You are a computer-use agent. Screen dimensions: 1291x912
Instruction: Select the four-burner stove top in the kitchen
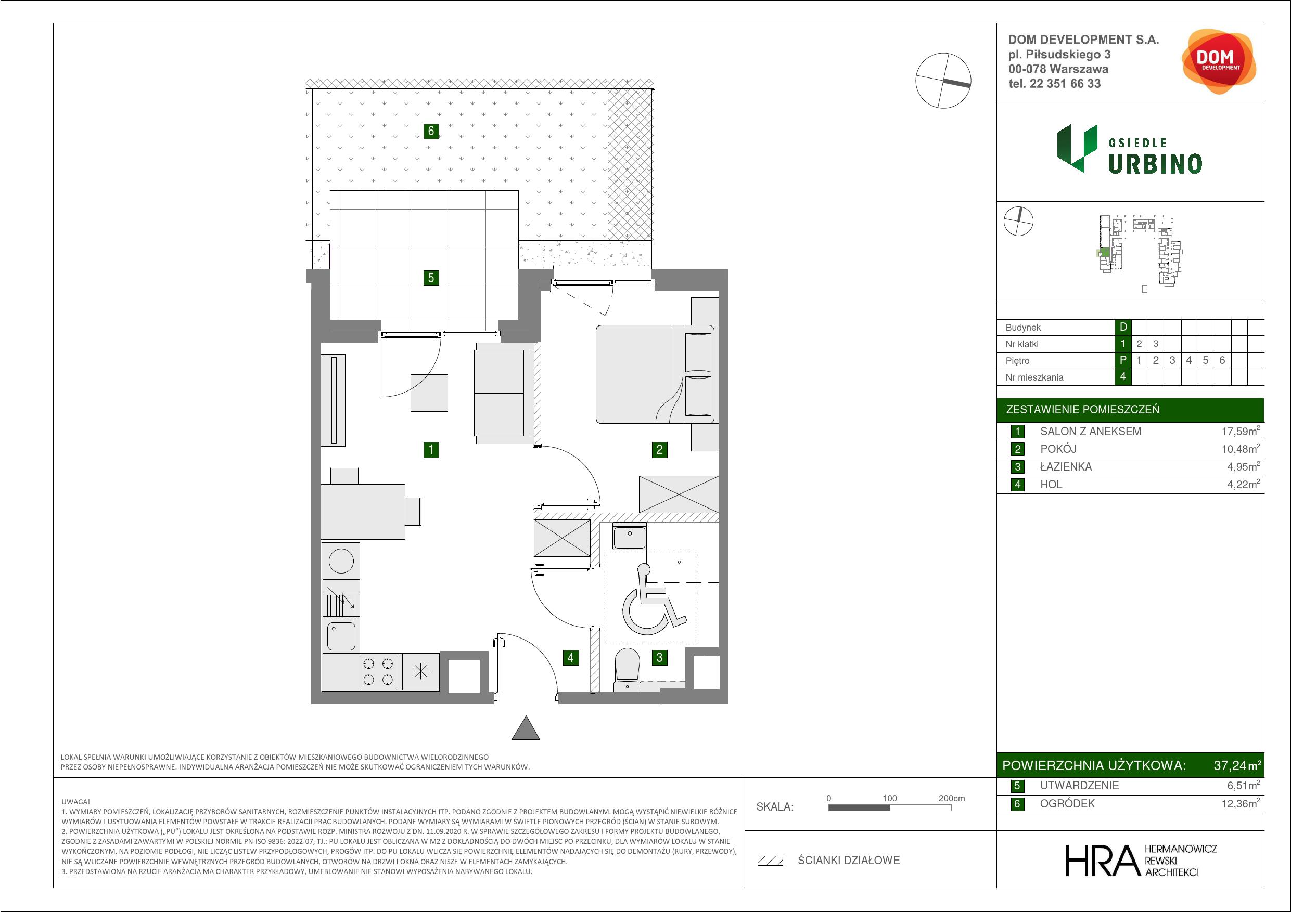[x=378, y=671]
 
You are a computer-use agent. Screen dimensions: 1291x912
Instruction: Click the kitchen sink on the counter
[x=341, y=636]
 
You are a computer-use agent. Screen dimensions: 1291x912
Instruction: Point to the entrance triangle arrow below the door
[x=526, y=728]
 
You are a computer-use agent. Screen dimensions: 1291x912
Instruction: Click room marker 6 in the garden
[x=431, y=131]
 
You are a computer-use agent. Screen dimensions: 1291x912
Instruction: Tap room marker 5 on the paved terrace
[x=431, y=278]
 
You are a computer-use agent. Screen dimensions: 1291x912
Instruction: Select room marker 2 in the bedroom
[x=660, y=450]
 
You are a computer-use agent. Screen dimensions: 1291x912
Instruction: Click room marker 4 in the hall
[x=571, y=657]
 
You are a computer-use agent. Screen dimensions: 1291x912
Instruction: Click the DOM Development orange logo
[x=1217, y=61]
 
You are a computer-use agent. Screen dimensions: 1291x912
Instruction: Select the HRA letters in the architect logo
[x=1103, y=861]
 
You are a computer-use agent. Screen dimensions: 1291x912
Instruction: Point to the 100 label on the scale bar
[x=889, y=798]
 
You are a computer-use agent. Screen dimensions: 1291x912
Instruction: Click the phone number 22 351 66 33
[x=1065, y=84]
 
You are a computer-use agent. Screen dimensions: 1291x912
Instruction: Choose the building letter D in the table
[x=1123, y=327]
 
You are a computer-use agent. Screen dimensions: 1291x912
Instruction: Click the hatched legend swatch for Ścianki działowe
[x=770, y=861]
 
